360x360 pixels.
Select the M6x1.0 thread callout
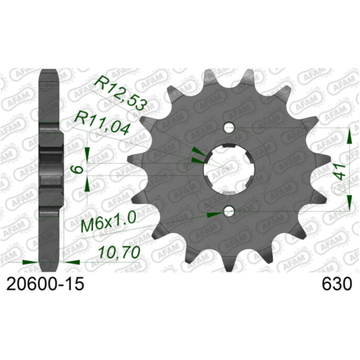pos(108,226)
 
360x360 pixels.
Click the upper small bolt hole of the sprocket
pos(228,128)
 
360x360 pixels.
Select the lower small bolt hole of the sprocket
pos(228,211)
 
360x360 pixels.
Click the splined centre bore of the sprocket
pos(227,169)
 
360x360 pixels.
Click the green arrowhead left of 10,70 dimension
pos(29,262)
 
